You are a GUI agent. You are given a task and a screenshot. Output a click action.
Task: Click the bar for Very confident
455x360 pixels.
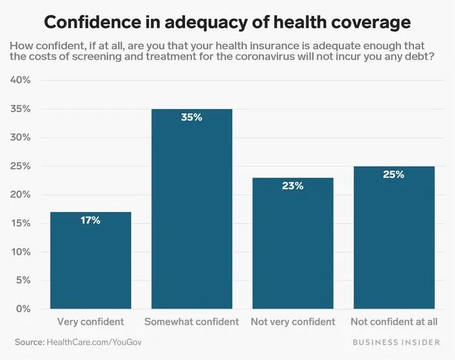pyautogui.click(x=90, y=260)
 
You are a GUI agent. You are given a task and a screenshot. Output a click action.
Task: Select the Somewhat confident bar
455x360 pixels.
pyautogui.click(x=192, y=208)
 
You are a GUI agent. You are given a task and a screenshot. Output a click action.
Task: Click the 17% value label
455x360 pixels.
pyautogui.click(x=90, y=220)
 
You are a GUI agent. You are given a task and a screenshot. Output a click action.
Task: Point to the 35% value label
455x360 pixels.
pyautogui.click(x=192, y=118)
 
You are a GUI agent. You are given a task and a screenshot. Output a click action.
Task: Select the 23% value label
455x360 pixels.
pyautogui.click(x=292, y=186)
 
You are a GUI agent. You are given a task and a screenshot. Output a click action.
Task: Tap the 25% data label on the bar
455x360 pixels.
pyautogui.click(x=394, y=174)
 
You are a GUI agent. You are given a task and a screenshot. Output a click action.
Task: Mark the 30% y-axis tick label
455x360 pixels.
pyautogui.click(x=22, y=137)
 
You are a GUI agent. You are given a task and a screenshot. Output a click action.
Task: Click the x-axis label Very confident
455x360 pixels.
pyautogui.click(x=90, y=322)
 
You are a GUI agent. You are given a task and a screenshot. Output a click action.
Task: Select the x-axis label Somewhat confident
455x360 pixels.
pyautogui.click(x=192, y=322)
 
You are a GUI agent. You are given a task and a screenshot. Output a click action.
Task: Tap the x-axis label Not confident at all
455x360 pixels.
pyautogui.click(x=394, y=322)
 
